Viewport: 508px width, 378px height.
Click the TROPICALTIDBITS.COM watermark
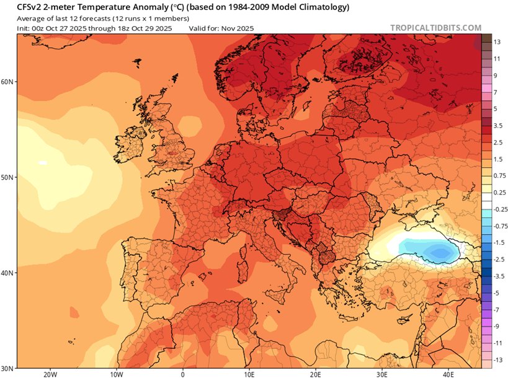[x=436, y=28]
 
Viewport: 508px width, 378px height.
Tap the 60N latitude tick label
[x=8, y=82]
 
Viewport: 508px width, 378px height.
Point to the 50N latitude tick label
[x=8, y=177]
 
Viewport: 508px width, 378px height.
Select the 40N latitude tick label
[x=8, y=273]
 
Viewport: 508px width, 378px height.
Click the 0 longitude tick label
[x=183, y=374]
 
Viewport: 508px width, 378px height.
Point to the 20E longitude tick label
[x=316, y=374]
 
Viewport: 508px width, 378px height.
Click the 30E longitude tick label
[x=383, y=374]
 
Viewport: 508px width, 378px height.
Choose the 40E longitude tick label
[x=450, y=374]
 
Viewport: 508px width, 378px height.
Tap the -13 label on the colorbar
[x=497, y=359]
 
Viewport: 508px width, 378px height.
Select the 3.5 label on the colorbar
[x=497, y=125]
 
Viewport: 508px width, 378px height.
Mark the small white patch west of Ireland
[x=42, y=163]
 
